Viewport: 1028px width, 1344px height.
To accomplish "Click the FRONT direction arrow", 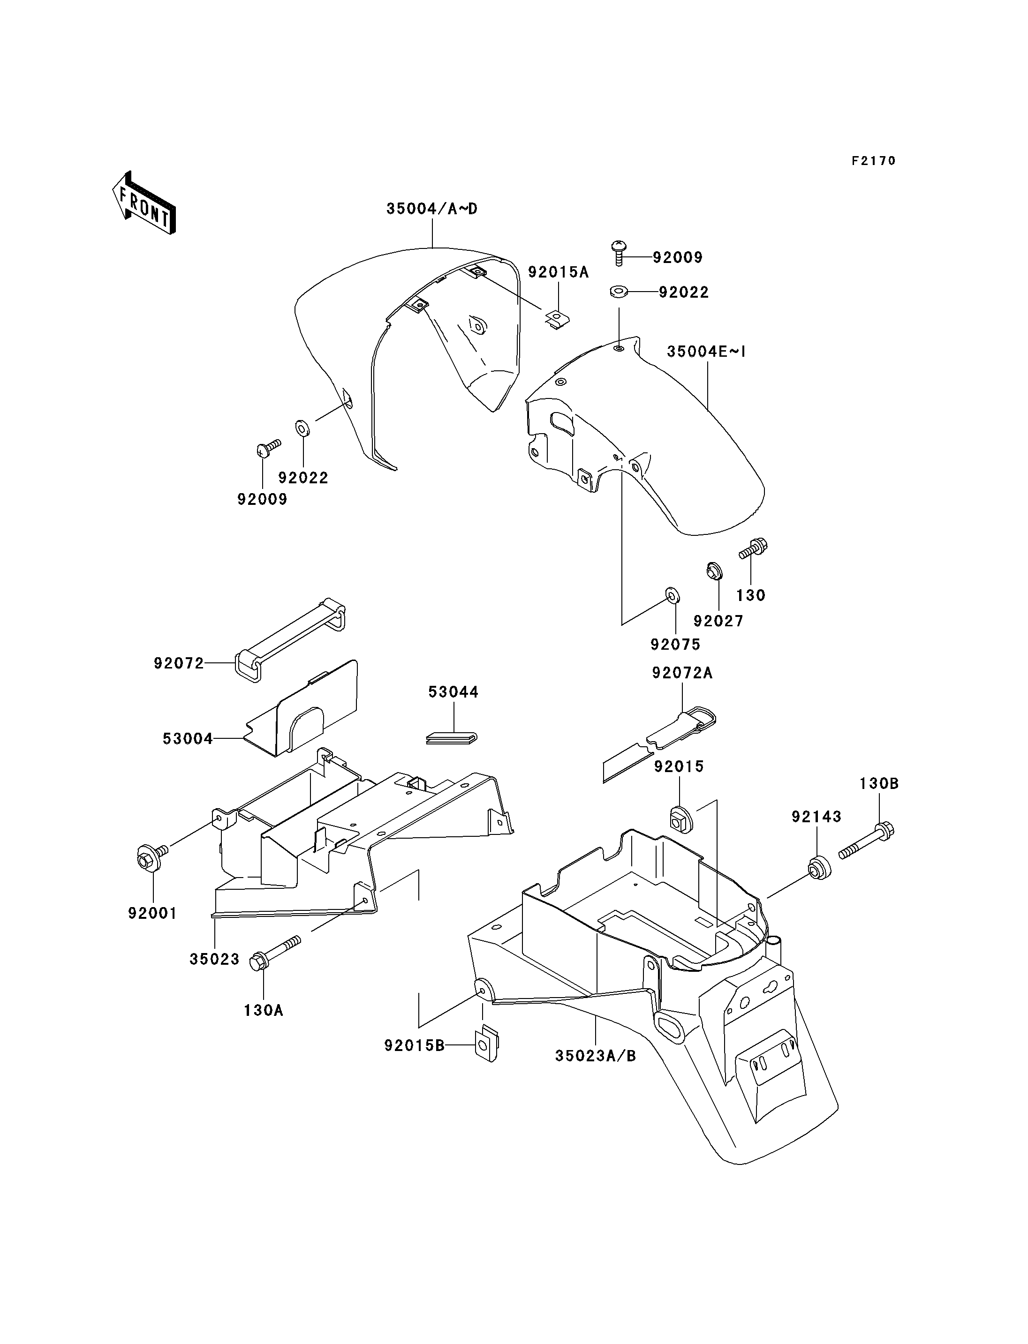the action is (144, 203).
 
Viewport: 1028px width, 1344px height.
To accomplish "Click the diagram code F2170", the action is (874, 161).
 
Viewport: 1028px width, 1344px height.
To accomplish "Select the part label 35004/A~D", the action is (432, 209).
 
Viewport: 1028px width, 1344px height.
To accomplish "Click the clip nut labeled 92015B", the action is (488, 1044).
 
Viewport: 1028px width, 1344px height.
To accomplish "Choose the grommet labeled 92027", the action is (712, 570).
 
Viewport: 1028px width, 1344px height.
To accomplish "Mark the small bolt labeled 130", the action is (753, 548).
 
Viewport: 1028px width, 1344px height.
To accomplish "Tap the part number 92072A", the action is (682, 673).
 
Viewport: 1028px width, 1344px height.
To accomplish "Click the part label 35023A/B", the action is (596, 1056).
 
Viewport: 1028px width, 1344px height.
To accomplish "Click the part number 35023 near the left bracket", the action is (214, 959).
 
